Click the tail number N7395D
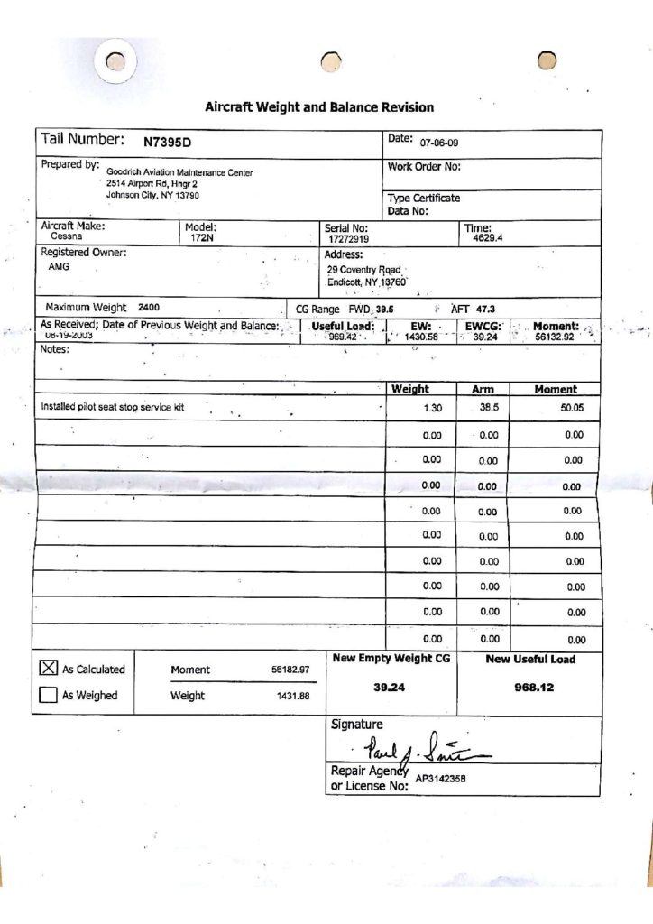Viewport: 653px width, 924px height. [x=168, y=142]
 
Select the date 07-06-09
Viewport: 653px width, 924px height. [x=439, y=143]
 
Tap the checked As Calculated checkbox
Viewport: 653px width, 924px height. [x=48, y=669]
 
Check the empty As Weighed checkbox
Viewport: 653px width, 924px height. [x=48, y=695]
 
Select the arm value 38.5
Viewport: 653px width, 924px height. [x=488, y=408]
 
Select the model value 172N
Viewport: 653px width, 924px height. [x=200, y=239]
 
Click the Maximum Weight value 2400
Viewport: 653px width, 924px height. [x=149, y=308]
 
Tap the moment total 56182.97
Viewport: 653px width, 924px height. [x=290, y=670]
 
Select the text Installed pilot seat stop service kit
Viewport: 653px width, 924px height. [x=113, y=407]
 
